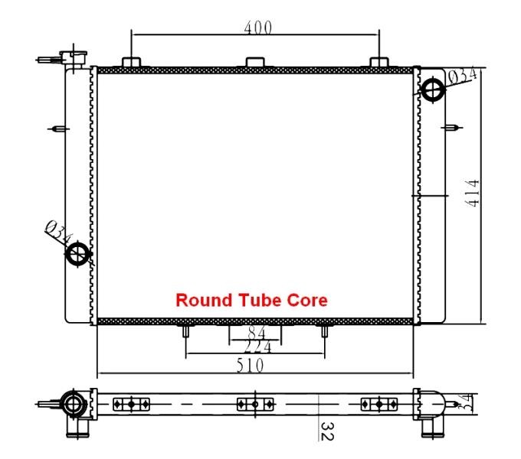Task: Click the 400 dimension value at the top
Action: [x=258, y=28]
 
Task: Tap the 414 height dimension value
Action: [x=473, y=194]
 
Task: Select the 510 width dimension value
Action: [x=251, y=366]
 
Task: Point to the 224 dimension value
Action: [x=258, y=347]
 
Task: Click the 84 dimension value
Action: [x=257, y=332]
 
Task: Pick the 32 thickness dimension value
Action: [x=327, y=431]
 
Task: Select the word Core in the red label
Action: [x=307, y=300]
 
